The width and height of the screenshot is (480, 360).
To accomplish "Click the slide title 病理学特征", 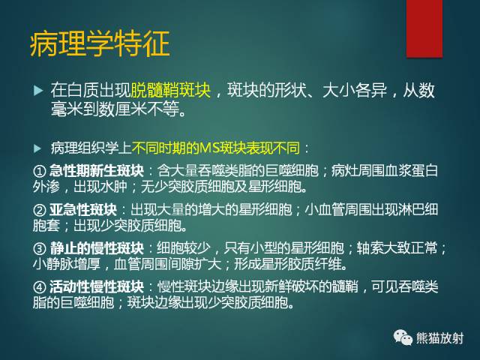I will (x=99, y=44).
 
